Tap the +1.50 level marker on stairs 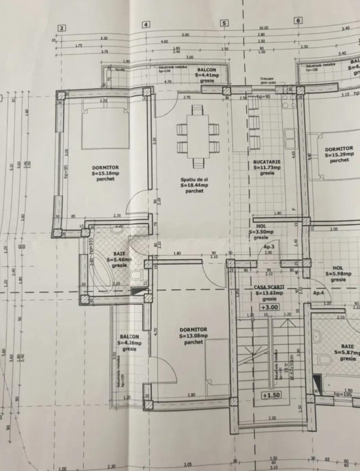(x=270, y=395)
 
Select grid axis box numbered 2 (x=62, y=27)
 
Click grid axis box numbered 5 (x=224, y=23)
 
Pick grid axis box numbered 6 (x=298, y=20)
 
